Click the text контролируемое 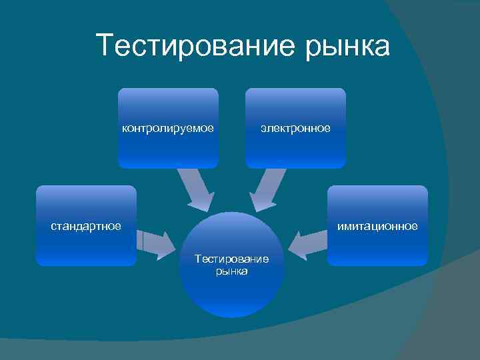click(168, 128)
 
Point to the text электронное click(295, 128)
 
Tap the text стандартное click(86, 226)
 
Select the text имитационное click(377, 226)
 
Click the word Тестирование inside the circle click(231, 259)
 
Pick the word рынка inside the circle click(231, 271)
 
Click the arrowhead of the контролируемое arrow click(202, 203)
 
